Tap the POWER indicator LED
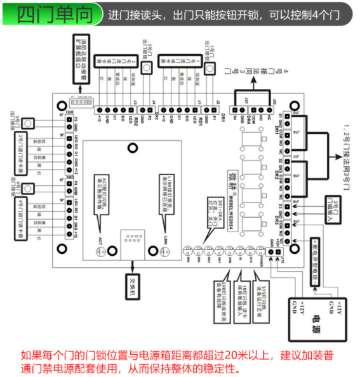click(x=257, y=249)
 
